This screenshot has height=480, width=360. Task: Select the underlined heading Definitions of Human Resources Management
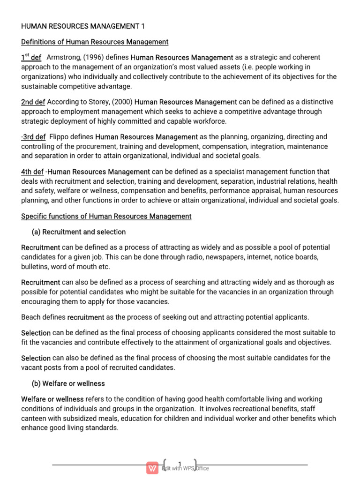(x=95, y=42)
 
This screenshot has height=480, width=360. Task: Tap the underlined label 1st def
(x=31, y=58)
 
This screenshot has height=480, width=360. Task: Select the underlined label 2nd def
(x=33, y=102)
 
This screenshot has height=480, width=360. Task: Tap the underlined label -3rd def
(x=33, y=137)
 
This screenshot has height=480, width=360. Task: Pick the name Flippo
(x=60, y=137)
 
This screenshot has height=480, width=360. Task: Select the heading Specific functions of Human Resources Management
(x=106, y=216)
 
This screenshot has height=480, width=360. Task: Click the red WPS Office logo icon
(x=152, y=468)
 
